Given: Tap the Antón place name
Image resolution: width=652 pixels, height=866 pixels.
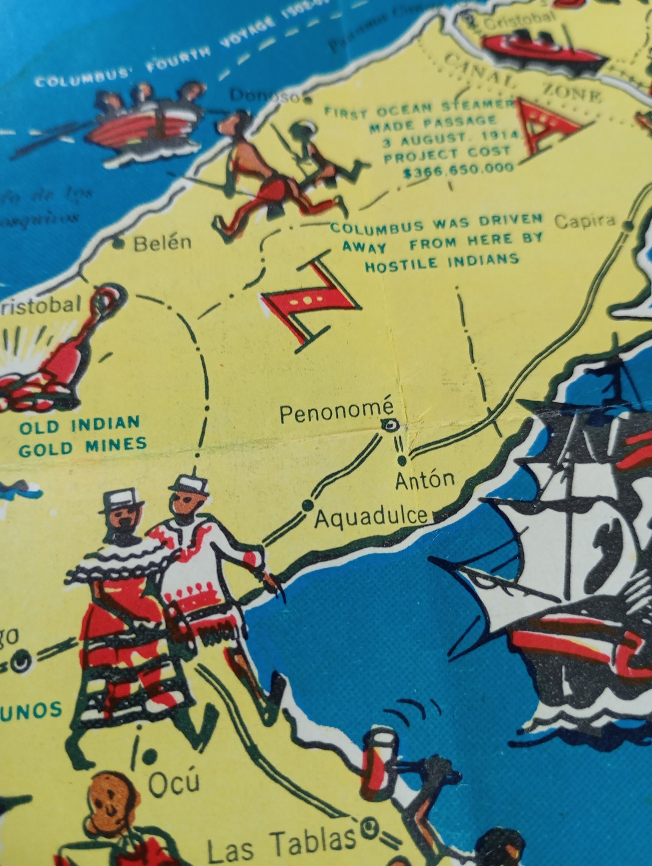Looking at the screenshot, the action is (x=425, y=480).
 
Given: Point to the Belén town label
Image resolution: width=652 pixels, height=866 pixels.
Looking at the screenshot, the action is (x=162, y=244).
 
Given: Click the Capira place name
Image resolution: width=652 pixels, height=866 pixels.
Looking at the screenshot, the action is (x=585, y=221).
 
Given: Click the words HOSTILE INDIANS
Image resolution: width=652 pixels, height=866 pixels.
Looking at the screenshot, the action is (x=442, y=260).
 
